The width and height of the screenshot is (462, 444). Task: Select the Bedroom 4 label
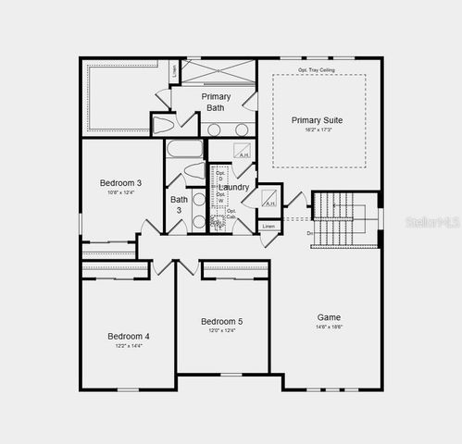pos(128,336)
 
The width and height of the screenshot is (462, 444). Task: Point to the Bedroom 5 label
pos(222,321)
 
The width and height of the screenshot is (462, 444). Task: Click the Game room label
pos(329,316)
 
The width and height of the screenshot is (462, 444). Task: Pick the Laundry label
pos(233,187)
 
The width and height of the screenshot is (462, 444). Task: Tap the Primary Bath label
pos(216,102)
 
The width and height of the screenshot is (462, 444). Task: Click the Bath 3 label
pos(179,204)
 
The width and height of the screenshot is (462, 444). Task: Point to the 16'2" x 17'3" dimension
pos(318,131)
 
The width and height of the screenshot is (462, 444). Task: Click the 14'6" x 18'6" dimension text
pos(329,327)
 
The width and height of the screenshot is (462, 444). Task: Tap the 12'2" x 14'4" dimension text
pos(128,346)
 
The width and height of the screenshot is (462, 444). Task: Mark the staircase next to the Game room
pos(344,219)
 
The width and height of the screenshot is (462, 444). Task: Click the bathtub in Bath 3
pos(184,148)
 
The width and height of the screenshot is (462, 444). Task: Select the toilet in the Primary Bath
pos(163,125)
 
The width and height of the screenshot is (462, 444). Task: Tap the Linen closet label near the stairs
pos(268,227)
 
